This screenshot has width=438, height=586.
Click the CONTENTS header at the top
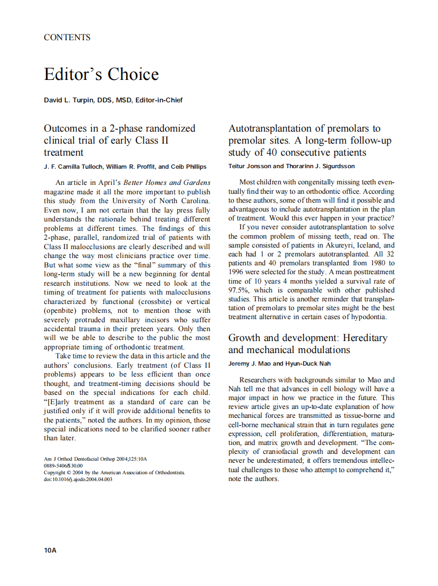[67, 37]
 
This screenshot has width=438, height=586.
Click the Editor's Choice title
[101, 74]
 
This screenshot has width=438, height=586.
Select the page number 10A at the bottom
[50, 550]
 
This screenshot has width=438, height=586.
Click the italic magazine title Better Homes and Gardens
[167, 182]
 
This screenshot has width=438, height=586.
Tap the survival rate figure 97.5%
[240, 290]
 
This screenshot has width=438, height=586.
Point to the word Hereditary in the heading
[361, 338]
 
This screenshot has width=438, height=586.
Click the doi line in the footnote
[78, 479]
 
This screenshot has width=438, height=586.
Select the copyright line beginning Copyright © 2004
[114, 472]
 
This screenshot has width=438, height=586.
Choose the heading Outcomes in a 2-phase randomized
[120, 128]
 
